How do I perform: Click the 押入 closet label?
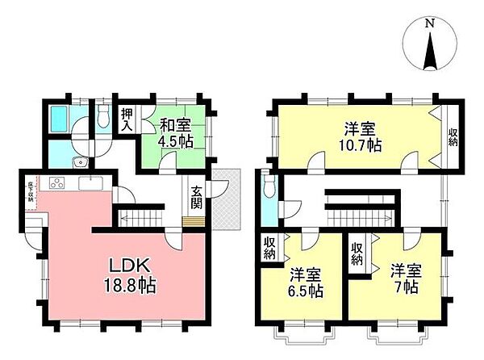127,119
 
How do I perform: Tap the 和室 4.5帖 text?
174,132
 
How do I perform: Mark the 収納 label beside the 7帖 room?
357,254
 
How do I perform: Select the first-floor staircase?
144,217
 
